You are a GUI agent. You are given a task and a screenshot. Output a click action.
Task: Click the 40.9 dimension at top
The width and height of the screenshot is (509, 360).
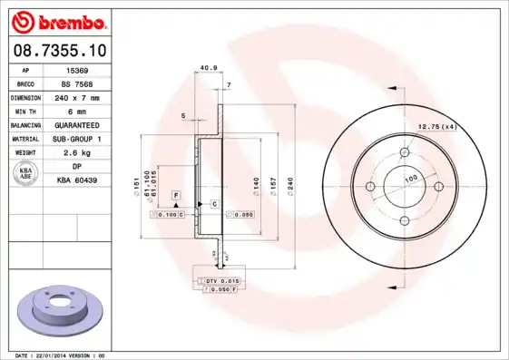pos(208,66)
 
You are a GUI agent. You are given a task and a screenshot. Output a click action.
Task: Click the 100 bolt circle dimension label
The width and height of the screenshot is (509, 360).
pos(410,180)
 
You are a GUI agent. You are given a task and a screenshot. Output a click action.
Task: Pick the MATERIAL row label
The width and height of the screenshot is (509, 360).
pos(24,139)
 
